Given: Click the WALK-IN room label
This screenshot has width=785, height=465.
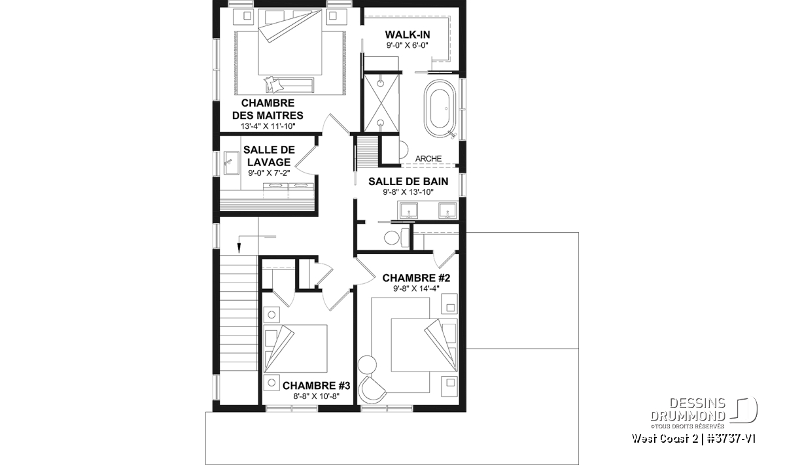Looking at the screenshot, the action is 408,35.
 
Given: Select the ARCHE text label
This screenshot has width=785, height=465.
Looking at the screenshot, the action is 428,159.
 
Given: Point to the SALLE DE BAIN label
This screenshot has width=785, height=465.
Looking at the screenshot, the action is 408,182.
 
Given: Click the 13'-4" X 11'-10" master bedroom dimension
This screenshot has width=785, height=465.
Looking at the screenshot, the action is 268,126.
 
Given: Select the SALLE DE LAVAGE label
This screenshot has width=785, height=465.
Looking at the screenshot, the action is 269,156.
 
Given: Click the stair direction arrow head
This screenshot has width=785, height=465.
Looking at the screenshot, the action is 239,248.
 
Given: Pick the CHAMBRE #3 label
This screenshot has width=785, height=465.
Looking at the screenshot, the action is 316,386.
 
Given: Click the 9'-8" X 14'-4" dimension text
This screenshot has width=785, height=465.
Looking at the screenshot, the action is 416,288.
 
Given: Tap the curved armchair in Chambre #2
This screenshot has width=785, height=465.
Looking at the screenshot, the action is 372,390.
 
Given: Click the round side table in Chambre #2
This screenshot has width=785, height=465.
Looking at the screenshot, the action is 367,364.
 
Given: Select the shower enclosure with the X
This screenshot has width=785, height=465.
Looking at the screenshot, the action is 381,103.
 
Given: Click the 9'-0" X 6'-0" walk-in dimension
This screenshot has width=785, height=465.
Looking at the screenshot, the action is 408,45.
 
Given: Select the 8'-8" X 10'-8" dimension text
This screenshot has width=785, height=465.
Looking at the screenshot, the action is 317,396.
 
